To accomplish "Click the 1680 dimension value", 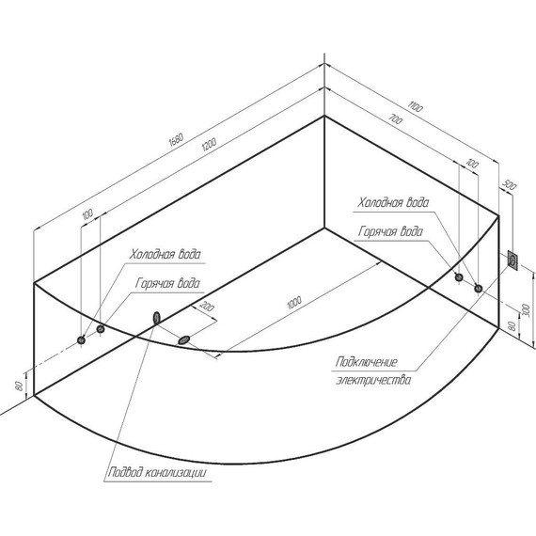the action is click(x=177, y=139).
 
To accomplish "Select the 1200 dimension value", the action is click(x=209, y=144).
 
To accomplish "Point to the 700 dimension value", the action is click(x=396, y=119).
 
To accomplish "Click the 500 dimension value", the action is click(x=510, y=185).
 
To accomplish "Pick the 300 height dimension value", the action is click(x=526, y=310).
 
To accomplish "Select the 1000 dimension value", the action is click(x=294, y=303).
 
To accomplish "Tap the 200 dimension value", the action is click(x=207, y=307).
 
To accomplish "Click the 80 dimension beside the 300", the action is click(x=512, y=325).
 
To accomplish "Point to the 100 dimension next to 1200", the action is click(x=87, y=214).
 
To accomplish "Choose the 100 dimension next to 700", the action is click(x=472, y=164).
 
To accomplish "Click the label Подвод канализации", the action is click(x=157, y=472).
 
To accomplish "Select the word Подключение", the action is click(x=367, y=362).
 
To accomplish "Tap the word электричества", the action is click(x=373, y=380).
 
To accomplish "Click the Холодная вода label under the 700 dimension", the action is click(x=393, y=202).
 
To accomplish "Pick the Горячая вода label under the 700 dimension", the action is click(x=390, y=231).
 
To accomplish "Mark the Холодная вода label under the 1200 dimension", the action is click(x=166, y=254).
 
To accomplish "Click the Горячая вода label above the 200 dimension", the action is click(x=167, y=283).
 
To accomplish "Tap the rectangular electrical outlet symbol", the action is click(x=512, y=260).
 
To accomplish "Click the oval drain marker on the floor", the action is click(x=184, y=339).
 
